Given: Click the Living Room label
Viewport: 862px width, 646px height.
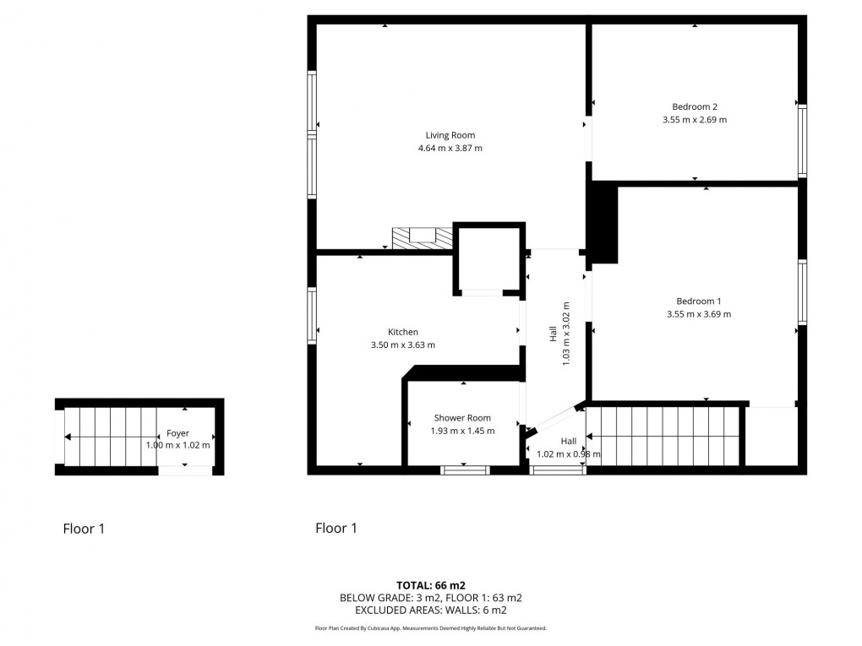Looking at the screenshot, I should pyautogui.click(x=450, y=135).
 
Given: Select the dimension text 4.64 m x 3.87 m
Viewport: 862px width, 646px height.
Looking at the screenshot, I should pyautogui.click(x=450, y=149).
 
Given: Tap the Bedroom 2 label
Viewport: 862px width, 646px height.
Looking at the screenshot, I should pyautogui.click(x=695, y=106).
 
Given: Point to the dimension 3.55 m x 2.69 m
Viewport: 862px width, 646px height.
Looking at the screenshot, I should pyautogui.click(x=695, y=120).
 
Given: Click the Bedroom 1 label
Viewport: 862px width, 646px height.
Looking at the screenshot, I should pyautogui.click(x=699, y=301).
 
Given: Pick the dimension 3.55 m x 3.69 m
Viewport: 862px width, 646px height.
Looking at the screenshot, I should pyautogui.click(x=699, y=314).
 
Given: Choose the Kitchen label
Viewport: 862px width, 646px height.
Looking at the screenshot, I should pyautogui.click(x=403, y=332).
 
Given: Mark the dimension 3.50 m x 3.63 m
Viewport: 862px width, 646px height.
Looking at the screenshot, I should pyautogui.click(x=403, y=345).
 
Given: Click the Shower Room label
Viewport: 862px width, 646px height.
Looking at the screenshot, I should pyautogui.click(x=462, y=418).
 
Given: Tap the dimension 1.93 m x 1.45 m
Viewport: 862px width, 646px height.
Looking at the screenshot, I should pyautogui.click(x=462, y=431).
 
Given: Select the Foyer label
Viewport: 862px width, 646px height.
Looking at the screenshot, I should pyautogui.click(x=177, y=433).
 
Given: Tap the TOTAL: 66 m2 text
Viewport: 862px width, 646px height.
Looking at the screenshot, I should pyautogui.click(x=431, y=584).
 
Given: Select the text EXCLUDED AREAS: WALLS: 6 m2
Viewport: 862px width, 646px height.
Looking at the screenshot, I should pyautogui.click(x=431, y=610).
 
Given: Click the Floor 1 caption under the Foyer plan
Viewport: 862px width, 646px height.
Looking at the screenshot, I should pyautogui.click(x=84, y=529).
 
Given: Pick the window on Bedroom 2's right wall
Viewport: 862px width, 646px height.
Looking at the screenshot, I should pyautogui.click(x=802, y=141).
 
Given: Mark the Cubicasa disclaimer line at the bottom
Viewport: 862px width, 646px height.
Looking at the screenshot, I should pyautogui.click(x=431, y=628).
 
